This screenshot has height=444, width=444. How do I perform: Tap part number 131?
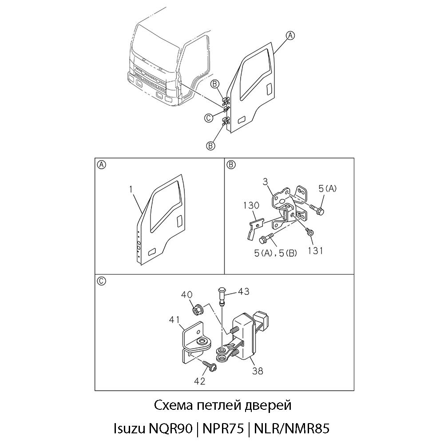pyautogui.click(x=315, y=250)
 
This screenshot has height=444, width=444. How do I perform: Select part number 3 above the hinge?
pyautogui.click(x=266, y=182)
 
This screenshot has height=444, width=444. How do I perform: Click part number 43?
pyautogui.click(x=243, y=291)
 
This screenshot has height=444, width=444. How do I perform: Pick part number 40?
pyautogui.click(x=187, y=295)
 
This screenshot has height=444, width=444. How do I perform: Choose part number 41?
pyautogui.click(x=174, y=320)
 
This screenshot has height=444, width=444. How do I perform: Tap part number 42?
pyautogui.click(x=199, y=381)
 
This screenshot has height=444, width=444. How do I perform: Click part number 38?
pyautogui.click(x=258, y=371)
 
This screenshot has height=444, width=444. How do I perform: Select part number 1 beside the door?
pyautogui.click(x=131, y=189)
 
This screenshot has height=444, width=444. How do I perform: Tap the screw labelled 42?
pyautogui.click(x=211, y=366)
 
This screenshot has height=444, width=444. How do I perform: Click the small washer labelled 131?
pyautogui.click(x=309, y=232)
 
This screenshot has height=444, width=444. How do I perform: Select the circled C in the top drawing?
pyautogui.click(x=209, y=118)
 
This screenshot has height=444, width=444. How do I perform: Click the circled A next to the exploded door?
pyautogui.click(x=290, y=36)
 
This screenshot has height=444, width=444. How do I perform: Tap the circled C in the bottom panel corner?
pyautogui.click(x=101, y=281)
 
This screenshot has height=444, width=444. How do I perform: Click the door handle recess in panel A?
pyautogui.click(x=179, y=221)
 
